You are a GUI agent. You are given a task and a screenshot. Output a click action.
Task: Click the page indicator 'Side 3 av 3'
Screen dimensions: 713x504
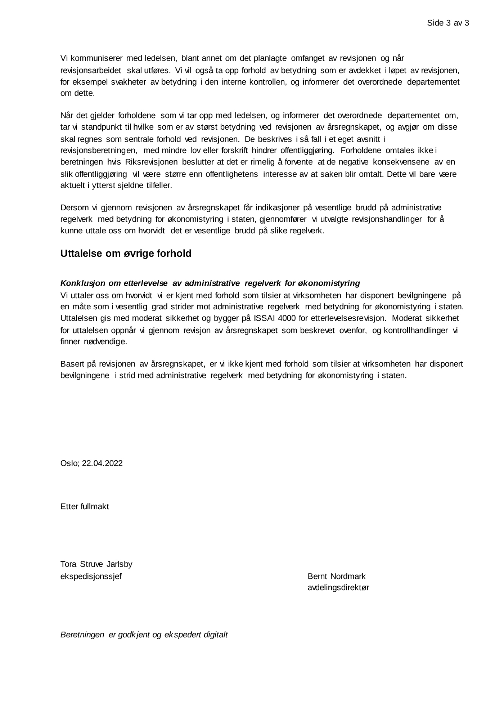447,23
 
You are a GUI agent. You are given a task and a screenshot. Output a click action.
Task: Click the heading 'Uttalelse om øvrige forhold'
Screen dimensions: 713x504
126,254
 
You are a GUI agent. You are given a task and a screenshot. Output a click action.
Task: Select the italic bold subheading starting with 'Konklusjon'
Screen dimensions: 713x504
210,283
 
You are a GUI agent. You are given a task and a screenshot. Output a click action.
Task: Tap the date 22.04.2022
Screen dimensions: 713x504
102,463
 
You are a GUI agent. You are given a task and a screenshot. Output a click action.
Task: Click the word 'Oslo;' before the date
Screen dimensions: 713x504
70,463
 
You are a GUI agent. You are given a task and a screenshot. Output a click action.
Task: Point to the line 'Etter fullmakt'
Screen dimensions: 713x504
85,507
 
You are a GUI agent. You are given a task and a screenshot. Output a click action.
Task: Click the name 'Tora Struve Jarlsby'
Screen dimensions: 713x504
96,564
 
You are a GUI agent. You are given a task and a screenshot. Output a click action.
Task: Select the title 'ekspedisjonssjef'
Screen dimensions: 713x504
91,576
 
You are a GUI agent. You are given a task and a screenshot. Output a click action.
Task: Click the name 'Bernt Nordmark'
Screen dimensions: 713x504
336,576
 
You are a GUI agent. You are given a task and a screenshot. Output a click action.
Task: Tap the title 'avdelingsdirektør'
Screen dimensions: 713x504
338,588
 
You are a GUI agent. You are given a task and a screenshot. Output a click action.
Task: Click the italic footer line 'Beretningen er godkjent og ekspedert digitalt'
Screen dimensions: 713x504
144,634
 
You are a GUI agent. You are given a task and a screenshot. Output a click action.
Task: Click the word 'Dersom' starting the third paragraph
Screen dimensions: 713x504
74,208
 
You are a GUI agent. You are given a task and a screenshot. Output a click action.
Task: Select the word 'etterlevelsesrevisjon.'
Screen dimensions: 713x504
348,318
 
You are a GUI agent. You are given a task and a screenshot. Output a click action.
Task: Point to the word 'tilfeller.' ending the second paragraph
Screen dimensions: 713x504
159,186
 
